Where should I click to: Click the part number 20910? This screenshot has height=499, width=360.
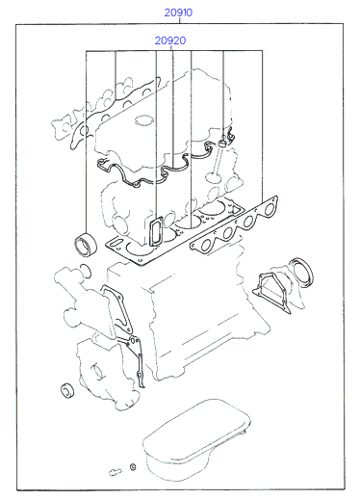(x=178, y=13)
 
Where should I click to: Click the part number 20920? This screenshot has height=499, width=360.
(x=170, y=40)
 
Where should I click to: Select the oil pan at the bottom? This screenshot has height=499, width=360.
(x=196, y=440)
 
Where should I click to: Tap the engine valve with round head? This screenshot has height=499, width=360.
(x=215, y=163)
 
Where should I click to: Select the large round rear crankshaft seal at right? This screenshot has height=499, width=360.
(x=301, y=272)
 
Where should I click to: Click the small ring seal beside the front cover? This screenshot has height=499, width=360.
(x=67, y=390)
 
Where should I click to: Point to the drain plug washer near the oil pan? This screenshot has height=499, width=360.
(x=133, y=466)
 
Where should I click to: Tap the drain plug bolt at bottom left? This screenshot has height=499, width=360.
(x=116, y=472)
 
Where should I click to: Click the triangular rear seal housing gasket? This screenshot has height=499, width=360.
(x=271, y=292)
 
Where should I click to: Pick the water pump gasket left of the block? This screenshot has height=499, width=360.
(x=117, y=308)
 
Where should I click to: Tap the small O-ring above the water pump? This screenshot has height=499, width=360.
(x=85, y=272)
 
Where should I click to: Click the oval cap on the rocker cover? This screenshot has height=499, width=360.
(x=142, y=121)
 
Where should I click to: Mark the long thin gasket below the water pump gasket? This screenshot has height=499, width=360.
(x=134, y=356)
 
